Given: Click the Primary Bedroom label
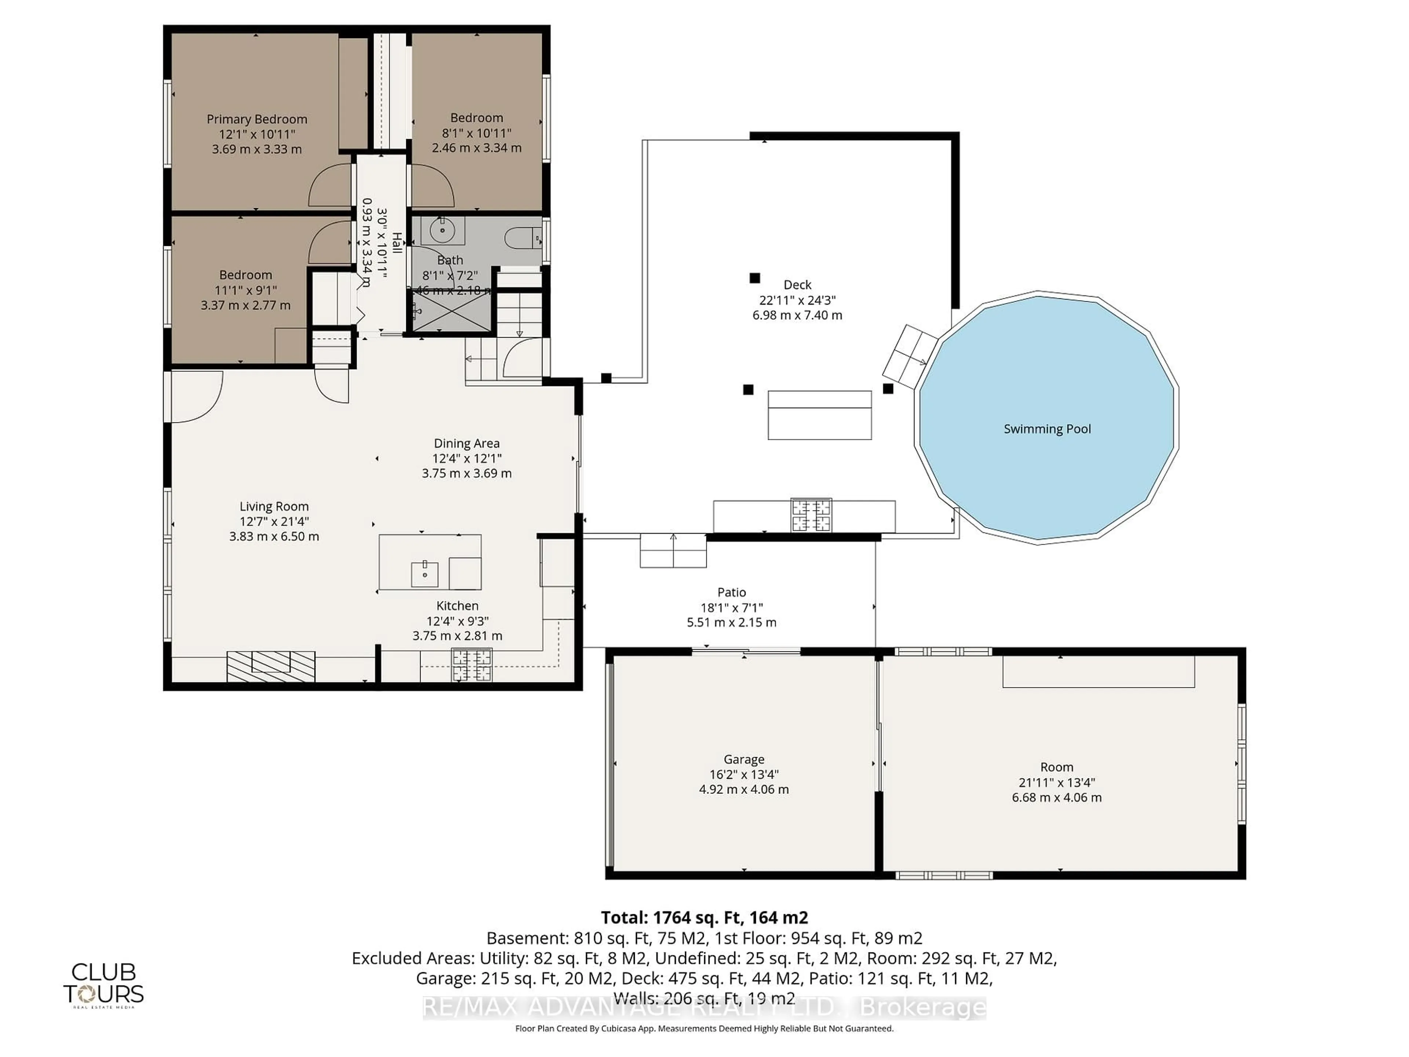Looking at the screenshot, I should click(x=257, y=119).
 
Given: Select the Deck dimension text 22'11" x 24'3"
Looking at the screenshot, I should click(x=797, y=300).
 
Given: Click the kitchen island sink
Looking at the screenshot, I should click(x=424, y=571).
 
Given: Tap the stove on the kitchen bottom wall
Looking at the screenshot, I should click(x=472, y=665).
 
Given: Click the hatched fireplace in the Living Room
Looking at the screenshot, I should click(x=271, y=666).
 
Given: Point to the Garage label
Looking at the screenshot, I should click(x=743, y=759).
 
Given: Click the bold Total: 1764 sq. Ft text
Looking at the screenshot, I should click(x=704, y=918).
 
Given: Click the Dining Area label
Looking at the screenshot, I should click(x=466, y=443).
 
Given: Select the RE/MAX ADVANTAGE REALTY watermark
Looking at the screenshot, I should click(x=704, y=1007).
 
